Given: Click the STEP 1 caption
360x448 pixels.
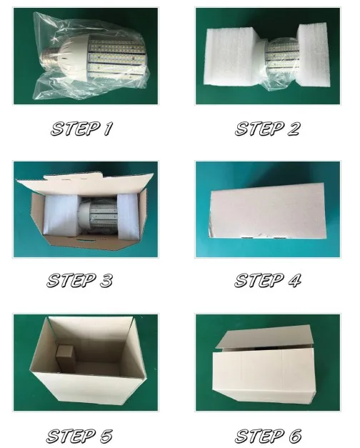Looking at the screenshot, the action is click(x=81, y=129).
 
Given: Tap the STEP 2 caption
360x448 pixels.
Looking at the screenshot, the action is click(x=267, y=129).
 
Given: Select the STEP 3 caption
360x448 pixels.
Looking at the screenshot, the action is click(x=80, y=280).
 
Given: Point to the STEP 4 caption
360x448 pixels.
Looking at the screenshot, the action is click(x=268, y=280).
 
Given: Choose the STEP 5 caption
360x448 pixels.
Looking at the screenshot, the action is click(x=79, y=436).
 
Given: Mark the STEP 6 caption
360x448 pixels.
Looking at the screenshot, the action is click(x=268, y=436).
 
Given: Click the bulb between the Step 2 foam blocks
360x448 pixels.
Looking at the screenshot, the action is click(x=281, y=55).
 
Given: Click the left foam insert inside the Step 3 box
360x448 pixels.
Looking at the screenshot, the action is click(x=61, y=215).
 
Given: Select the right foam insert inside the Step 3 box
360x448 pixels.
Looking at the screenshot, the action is click(x=128, y=216).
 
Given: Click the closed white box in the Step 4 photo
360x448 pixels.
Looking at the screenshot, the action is click(x=267, y=211).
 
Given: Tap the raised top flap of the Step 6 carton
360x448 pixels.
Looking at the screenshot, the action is click(x=264, y=337).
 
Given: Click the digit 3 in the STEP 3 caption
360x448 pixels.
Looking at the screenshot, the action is click(x=106, y=280).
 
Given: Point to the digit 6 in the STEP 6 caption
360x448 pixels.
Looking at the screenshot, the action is click(x=295, y=436).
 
